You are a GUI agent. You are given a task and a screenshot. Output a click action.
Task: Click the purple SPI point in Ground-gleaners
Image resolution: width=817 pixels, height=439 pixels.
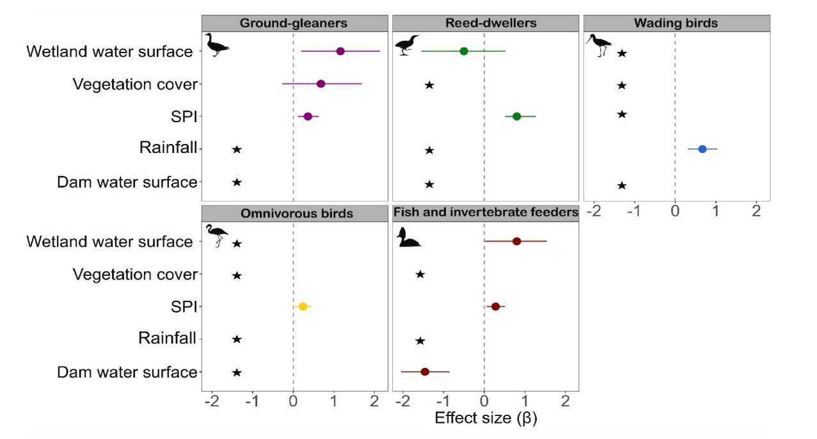(308, 116)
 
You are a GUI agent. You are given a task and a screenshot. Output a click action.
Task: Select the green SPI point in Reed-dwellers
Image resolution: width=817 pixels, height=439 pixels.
(517, 116)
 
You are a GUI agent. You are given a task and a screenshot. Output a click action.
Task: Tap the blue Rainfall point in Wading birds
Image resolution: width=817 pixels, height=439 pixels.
(702, 149)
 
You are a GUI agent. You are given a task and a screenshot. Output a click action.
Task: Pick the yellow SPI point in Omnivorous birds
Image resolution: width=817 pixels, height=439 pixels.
(303, 307)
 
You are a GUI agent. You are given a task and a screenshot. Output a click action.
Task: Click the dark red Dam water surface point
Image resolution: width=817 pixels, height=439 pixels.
(425, 372)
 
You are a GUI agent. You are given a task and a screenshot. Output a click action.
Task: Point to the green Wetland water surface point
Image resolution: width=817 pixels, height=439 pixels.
(464, 51)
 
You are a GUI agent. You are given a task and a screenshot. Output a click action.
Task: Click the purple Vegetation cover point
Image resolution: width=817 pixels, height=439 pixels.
(321, 84)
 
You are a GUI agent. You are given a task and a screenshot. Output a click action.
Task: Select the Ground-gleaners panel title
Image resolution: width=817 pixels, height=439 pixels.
(294, 24)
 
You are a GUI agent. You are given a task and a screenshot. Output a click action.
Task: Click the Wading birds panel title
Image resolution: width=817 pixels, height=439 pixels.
(676, 24)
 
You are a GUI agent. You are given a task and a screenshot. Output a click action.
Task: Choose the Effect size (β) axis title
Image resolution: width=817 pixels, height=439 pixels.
(486, 419)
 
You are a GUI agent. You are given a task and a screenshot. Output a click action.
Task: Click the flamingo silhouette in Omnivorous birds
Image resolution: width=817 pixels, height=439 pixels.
(216, 235)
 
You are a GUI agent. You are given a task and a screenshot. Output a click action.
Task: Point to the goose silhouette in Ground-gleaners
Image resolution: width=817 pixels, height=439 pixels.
(216, 45)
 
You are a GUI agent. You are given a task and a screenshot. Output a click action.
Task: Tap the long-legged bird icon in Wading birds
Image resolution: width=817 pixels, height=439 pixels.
(599, 45)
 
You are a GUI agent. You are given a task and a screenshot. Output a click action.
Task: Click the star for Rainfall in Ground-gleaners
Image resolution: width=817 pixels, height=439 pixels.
(237, 149)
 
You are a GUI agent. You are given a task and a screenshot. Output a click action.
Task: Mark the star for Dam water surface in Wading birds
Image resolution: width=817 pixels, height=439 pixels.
(621, 186)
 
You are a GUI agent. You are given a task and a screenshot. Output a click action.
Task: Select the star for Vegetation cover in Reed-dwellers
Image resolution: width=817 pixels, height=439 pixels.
(429, 85)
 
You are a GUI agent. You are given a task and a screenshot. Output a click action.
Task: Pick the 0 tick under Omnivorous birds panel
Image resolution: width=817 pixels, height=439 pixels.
(293, 403)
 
